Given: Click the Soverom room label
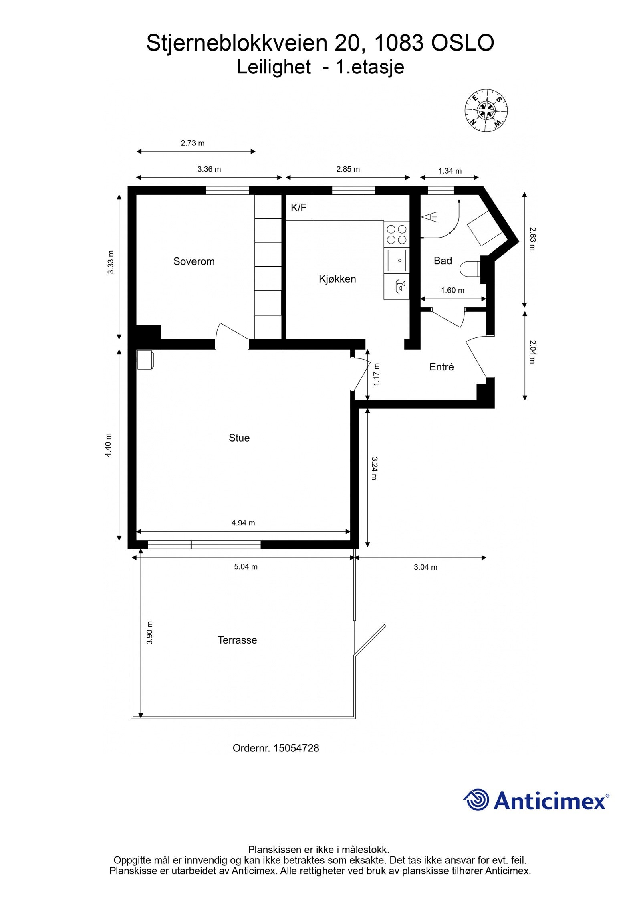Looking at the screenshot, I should pos(194,261).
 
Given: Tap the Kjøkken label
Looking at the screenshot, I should pos(337,279).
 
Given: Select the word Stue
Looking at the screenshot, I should pos(239,438).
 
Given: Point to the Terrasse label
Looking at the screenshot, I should pos(237,640).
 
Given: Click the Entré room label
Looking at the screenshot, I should pos(441,367).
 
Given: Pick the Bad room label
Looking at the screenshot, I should pos(443,261).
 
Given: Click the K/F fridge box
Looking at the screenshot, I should pos(299,208).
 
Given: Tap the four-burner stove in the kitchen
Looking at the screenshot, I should pos(396,235).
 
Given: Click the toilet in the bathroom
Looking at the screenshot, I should pos(470,269).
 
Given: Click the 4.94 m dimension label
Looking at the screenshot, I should pos(243,523).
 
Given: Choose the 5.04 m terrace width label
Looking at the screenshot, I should pos(246,567).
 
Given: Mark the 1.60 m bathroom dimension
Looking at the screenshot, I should pos(452,290).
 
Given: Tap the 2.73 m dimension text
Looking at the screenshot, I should pos(193,143).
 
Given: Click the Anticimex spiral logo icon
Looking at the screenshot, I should pos(476,800).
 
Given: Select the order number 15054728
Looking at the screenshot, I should pos(296,748).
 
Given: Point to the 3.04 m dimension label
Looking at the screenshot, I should pos(425,567).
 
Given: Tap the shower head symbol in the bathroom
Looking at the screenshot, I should pos(429,218).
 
